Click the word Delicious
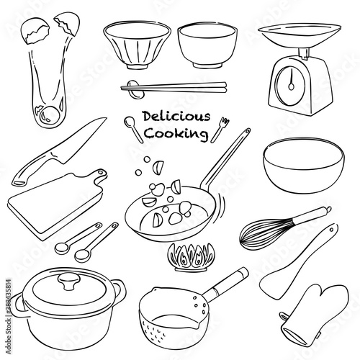(176, 117)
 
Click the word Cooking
(176, 133)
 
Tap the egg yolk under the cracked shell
(50, 114)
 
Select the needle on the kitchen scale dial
(292, 80)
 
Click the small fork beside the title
(220, 130)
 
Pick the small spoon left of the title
(134, 130)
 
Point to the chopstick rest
(136, 89)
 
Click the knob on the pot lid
(69, 282)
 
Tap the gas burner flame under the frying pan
(191, 257)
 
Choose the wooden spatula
(297, 263)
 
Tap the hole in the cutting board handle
(100, 172)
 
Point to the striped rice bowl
(138, 45)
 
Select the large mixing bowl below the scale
(304, 166)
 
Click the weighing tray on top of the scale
(300, 35)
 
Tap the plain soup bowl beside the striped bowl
(207, 45)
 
